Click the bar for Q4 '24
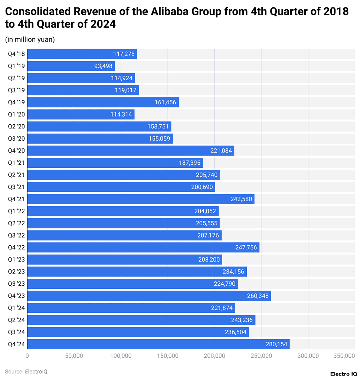pyautogui.click(x=158, y=344)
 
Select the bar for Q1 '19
pyautogui.click(x=71, y=66)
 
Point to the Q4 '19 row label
pyautogui.click(x=16, y=102)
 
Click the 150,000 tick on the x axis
pyautogui.click(x=168, y=356)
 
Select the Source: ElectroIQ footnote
pyautogui.click(x=26, y=371)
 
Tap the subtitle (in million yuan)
pyautogui.click(x=30, y=39)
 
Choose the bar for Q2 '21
pyautogui.click(x=124, y=175)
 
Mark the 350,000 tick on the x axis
pyautogui.click(x=344, y=356)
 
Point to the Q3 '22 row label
pyautogui.click(x=16, y=235)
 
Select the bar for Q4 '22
pyautogui.click(x=143, y=248)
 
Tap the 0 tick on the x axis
pyautogui.click(x=27, y=356)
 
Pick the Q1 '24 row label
pyautogui.click(x=16, y=308)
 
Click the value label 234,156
pyautogui.click(x=233, y=272)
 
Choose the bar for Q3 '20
pyautogui.click(x=100, y=139)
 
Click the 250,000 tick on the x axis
pyautogui.click(x=261, y=356)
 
